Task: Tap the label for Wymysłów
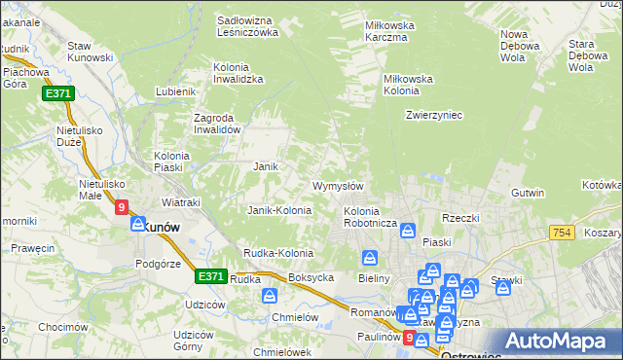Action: pyautogui.click(x=338, y=186)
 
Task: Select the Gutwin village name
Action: pyautogui.click(x=528, y=193)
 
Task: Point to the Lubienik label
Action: pyautogui.click(x=176, y=92)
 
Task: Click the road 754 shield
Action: pyautogui.click(x=560, y=232)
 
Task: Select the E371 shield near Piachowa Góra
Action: pyautogui.click(x=57, y=93)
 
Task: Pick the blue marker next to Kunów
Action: pyautogui.click(x=138, y=223)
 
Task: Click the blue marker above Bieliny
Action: pyautogui.click(x=370, y=258)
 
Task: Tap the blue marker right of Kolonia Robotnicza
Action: pyautogui.click(x=408, y=232)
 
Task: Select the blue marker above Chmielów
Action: pyautogui.click(x=270, y=295)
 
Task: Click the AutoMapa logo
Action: pyautogui.click(x=560, y=342)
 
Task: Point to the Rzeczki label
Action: pyautogui.click(x=461, y=218)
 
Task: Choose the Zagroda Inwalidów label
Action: pyautogui.click(x=217, y=124)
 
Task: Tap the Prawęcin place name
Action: pyautogui.click(x=33, y=248)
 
